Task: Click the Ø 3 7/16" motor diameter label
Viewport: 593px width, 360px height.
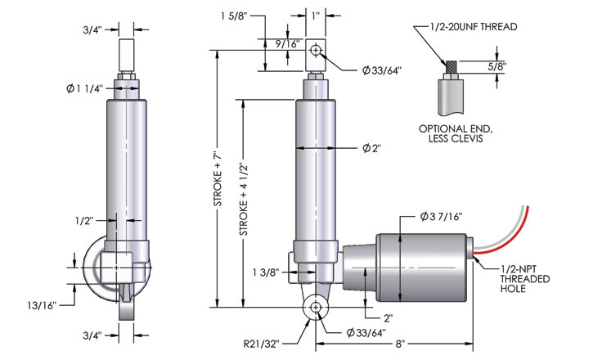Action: click(x=442, y=216)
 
